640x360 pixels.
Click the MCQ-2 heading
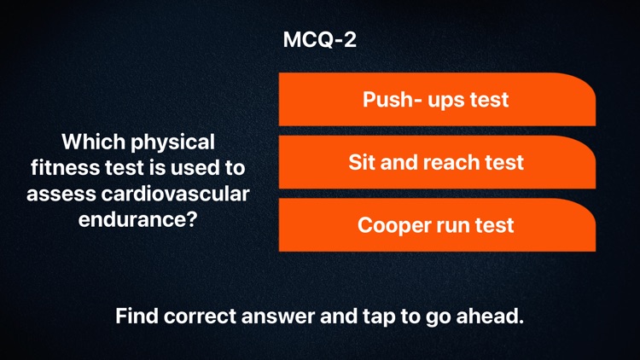tap(319, 40)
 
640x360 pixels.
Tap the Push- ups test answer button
tap(435, 100)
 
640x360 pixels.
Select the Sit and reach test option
tap(435, 162)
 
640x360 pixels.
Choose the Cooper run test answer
tap(435, 225)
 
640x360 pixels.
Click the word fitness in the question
tap(61, 167)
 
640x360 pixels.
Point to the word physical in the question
tap(172, 141)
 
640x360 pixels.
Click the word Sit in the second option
tap(361, 162)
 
